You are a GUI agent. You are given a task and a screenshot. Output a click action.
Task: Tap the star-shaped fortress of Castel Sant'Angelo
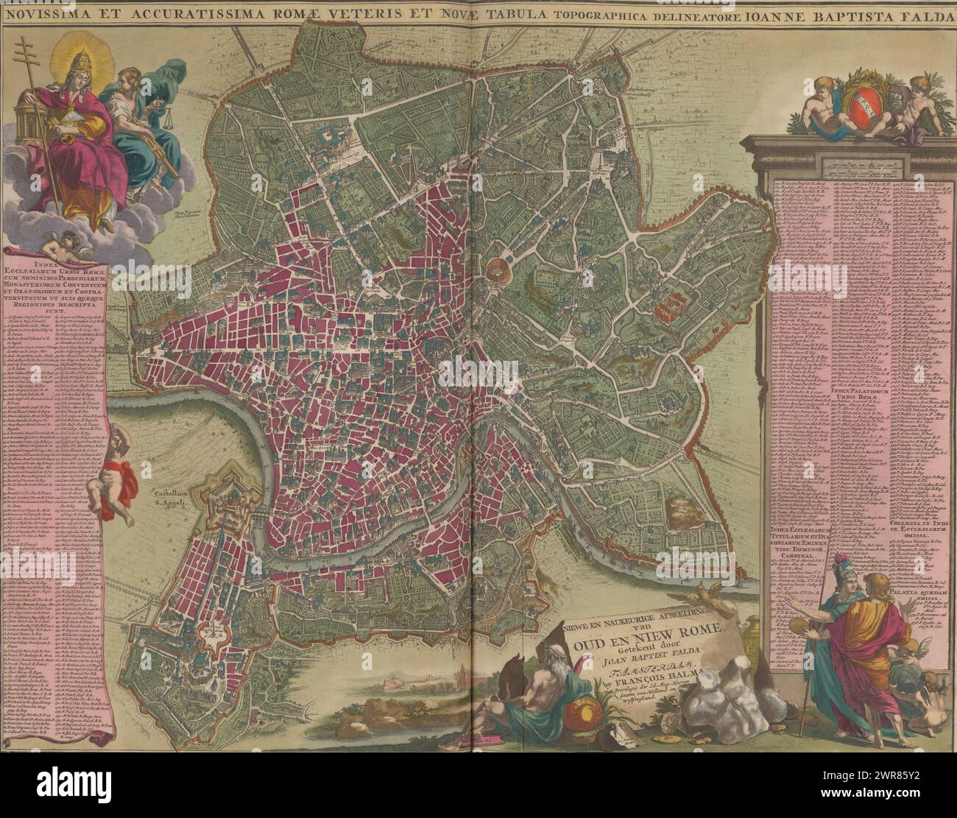point(230,502)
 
